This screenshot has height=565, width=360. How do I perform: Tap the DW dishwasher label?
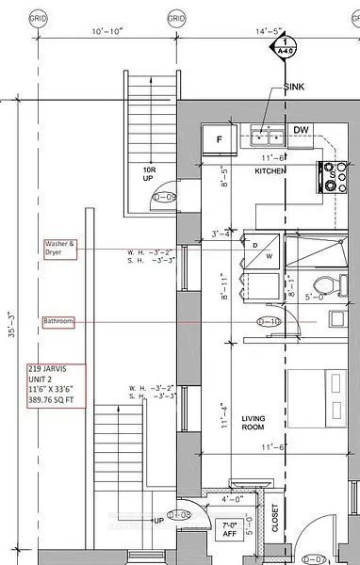pyautogui.click(x=301, y=130)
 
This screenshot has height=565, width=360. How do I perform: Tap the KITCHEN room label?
pyautogui.click(x=270, y=171)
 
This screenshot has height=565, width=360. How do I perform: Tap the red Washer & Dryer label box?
pyautogui.click(x=58, y=249)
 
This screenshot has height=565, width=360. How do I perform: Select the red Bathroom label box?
pyautogui.click(x=58, y=322)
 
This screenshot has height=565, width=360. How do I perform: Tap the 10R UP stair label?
pyautogui.click(x=148, y=176)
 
